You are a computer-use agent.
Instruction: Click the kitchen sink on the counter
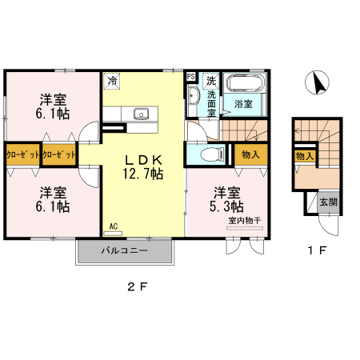tap(142, 114)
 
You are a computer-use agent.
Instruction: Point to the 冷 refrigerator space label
tap(112, 80)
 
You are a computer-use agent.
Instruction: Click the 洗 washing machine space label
tap(211, 80)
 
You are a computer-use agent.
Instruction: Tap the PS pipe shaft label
tap(190, 77)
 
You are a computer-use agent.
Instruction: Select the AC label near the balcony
tap(114, 228)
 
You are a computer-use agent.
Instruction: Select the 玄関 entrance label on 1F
tap(329, 202)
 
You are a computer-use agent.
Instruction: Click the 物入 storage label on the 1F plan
tap(304, 156)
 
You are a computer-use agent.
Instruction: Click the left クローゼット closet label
tap(22, 154)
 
